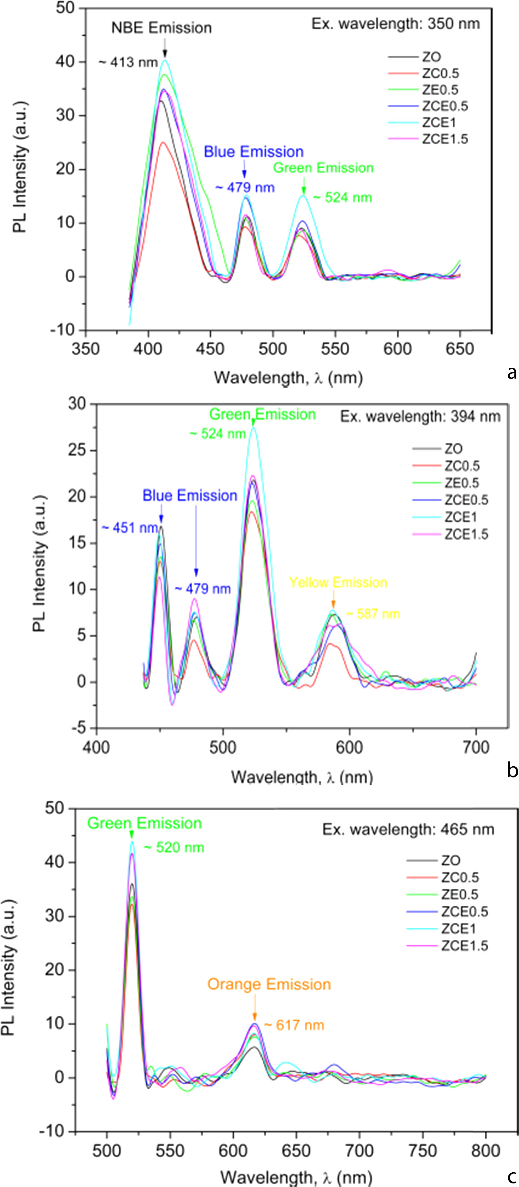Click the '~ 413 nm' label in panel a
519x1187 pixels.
[129, 62]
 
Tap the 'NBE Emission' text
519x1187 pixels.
[161, 28]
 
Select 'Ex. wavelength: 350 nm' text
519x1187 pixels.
[395, 23]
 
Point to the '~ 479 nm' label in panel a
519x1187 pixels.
[245, 188]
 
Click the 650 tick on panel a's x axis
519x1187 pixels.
[459, 349]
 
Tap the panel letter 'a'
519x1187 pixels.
[511, 372]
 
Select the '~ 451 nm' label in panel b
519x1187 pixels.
[130, 528]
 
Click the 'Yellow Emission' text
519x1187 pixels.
[337, 582]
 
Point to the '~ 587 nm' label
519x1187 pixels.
[372, 614]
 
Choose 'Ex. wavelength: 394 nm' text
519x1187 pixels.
[420, 417]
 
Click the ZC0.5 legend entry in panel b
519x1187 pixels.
[462, 466]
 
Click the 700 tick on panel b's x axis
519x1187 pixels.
[476, 747]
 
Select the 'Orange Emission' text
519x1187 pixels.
[269, 984]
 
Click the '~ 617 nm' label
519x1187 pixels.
[294, 1025]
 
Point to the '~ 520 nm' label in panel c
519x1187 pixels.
[174, 847]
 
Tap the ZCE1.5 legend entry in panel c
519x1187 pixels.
[464, 946]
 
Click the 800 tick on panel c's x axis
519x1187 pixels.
[486, 1151]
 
